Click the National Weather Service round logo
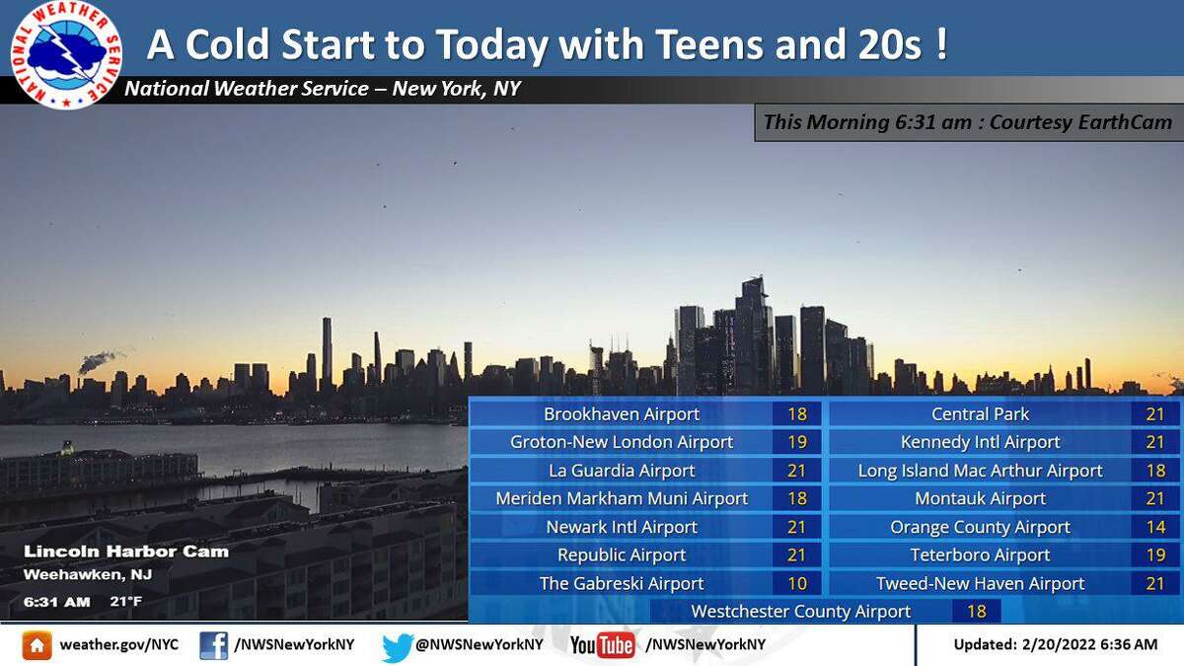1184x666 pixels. tap(66, 54)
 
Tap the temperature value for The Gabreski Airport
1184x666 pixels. tap(797, 583)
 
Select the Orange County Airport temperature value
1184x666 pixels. tap(1156, 527)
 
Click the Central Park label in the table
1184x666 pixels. tap(980, 414)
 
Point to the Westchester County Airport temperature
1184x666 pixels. tap(976, 612)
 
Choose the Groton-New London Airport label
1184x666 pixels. tap(622, 442)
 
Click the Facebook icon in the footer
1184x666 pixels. tap(213, 645)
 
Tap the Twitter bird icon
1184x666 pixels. tap(397, 646)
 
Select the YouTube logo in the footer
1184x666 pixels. tap(603, 645)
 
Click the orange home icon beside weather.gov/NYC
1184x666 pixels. tap(37, 645)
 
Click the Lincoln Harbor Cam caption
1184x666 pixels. tap(126, 552)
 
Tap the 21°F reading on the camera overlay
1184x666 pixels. tap(126, 602)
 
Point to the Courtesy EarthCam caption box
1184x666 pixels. tap(968, 122)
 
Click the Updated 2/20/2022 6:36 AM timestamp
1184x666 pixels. tap(1056, 645)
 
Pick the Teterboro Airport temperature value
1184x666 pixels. tap(1156, 555)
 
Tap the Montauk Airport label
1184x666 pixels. tap(980, 499)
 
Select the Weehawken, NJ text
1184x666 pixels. tap(88, 575)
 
